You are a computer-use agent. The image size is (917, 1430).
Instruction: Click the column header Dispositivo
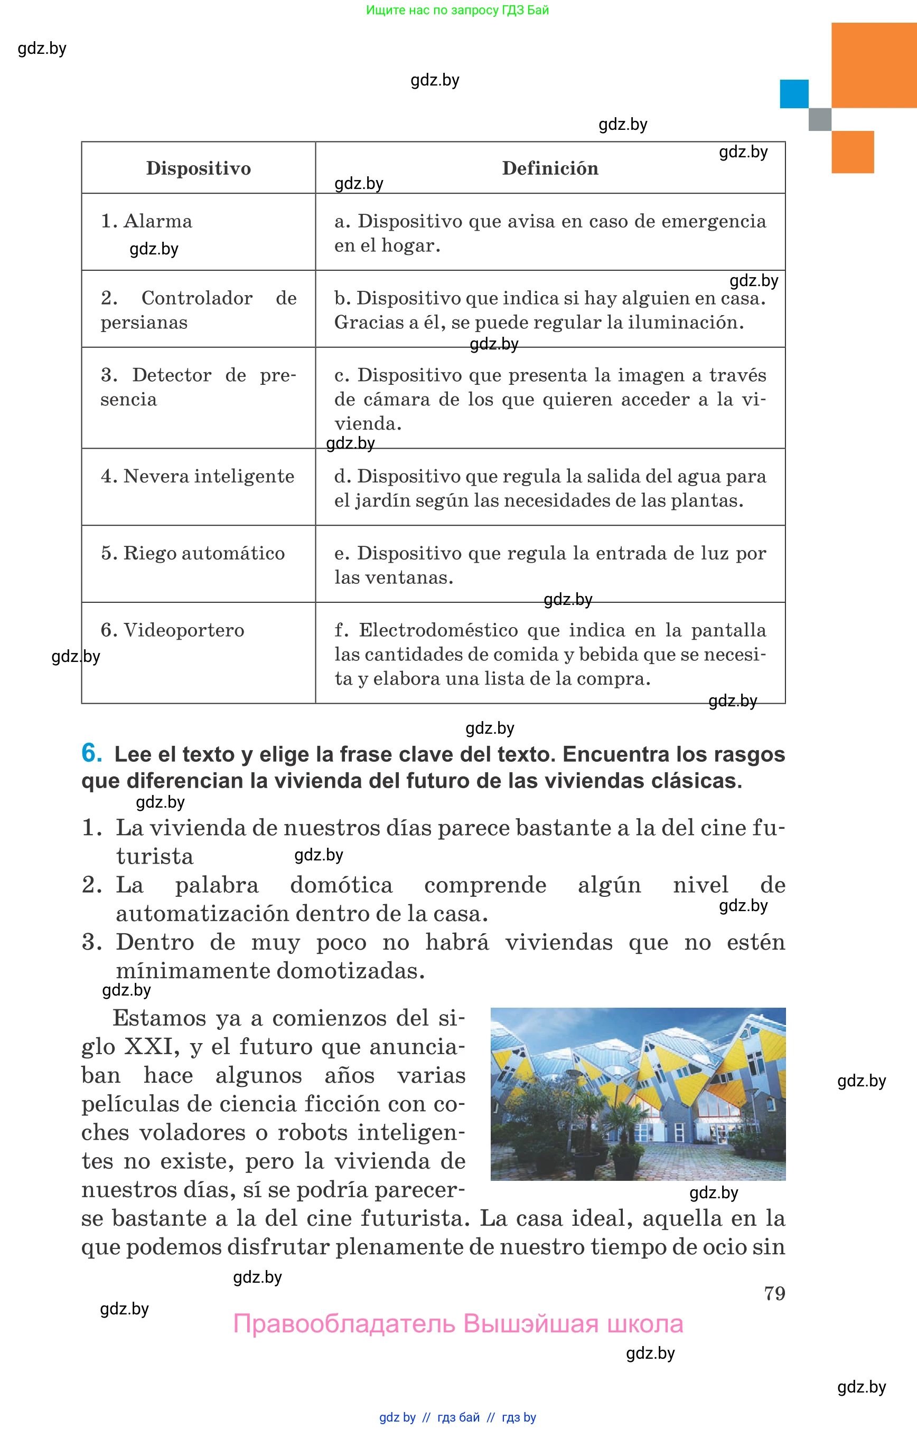tap(198, 168)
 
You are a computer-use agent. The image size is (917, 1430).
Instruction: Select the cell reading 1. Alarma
tap(146, 221)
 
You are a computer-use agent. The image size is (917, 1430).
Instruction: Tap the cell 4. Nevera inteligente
tap(197, 476)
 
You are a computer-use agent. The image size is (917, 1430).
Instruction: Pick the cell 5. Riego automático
tap(192, 553)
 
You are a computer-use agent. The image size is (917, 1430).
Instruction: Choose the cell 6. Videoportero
tap(172, 630)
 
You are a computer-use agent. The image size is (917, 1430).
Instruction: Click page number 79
tap(774, 1293)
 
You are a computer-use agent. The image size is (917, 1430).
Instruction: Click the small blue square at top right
tap(794, 94)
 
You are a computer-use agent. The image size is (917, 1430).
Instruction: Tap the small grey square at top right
tap(819, 119)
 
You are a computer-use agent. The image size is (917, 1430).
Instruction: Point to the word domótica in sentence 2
tap(341, 885)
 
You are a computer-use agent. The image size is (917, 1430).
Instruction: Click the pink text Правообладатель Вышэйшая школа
tap(458, 1323)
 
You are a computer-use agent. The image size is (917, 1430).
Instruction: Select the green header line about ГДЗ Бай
tap(457, 10)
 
